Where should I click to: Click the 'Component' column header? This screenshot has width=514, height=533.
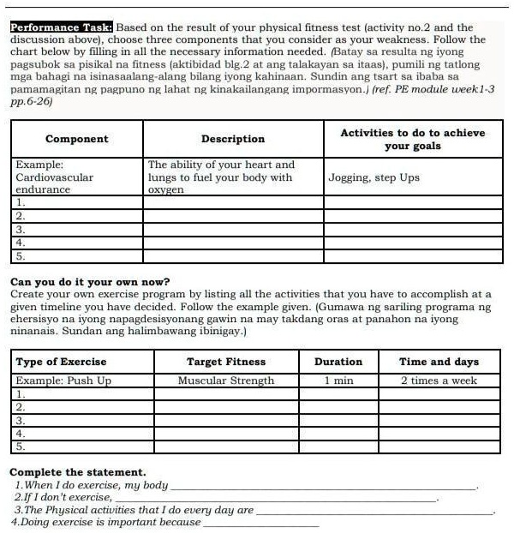coord(77,139)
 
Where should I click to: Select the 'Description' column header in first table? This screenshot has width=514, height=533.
coord(233,139)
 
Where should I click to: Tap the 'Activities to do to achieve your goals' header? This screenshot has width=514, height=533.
coord(412,139)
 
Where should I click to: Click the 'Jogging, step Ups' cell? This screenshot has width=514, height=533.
coord(374,178)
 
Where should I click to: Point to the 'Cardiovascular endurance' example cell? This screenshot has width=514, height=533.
coord(55,177)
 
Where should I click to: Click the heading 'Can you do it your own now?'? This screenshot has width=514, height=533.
coord(90,282)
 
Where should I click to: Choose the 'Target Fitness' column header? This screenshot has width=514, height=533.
coord(226,362)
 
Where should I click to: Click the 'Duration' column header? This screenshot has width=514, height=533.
coord(338,362)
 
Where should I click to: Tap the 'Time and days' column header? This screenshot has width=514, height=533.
coord(439,362)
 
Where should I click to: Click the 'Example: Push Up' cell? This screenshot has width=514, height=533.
coord(64,380)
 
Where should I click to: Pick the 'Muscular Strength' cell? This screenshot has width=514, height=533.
coord(226,380)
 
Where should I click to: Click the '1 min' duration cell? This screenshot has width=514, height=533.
coord(338,380)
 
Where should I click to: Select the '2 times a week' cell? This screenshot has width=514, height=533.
coord(439,380)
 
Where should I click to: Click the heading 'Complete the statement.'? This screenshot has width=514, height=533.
coord(78,472)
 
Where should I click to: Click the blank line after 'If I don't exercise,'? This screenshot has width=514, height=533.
coord(274,497)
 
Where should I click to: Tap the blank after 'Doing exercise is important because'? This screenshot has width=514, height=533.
coord(260,522)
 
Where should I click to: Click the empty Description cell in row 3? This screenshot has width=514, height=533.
coord(233,230)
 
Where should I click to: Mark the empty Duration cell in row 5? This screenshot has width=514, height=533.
coord(338,446)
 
